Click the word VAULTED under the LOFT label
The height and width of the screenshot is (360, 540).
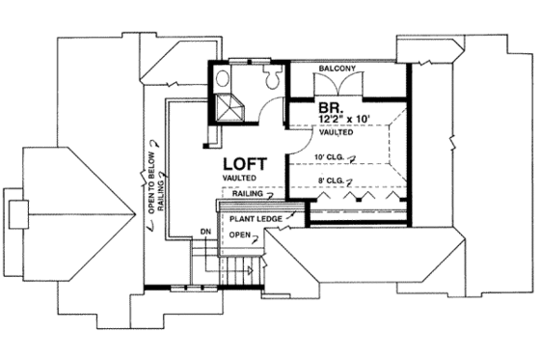pos(237,180)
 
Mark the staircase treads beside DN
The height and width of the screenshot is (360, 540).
pos(204,261)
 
